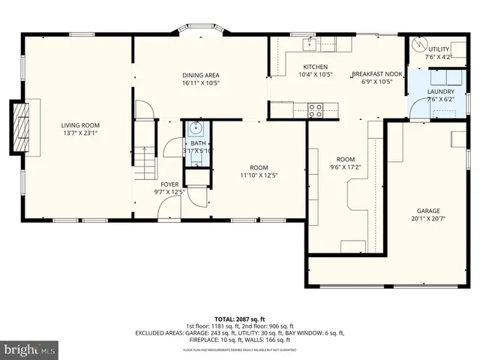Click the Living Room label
coord(80,125)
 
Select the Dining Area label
coord(201,75)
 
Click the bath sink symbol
coord(194,128)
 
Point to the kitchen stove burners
coord(316,109)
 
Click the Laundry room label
coord(439,91)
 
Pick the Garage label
coord(428,211)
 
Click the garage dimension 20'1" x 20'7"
coord(428,218)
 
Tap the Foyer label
coord(169,184)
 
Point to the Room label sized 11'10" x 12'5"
coord(259,168)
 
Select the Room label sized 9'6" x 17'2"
coord(345,159)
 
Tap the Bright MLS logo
coord(30,349)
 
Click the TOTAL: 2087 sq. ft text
coord(240,319)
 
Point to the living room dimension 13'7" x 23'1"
coord(80,133)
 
